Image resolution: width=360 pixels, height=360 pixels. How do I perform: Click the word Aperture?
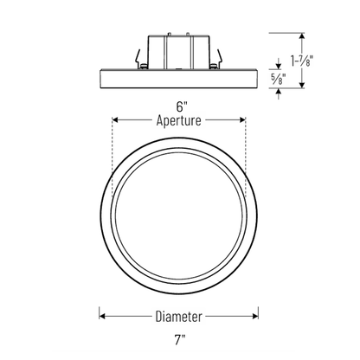coord(178,120)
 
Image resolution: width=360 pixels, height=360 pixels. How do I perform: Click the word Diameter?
coord(178,317)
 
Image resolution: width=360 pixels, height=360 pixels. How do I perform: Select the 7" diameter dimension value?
coord(180,340)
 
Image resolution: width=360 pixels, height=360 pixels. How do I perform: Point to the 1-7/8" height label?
coord(302,61)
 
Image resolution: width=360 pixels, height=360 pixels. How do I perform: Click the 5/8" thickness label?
coord(278,79)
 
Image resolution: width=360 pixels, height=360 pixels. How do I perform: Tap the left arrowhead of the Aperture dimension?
coord(115,119)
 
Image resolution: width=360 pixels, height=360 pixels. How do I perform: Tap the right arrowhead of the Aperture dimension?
coord(242,119)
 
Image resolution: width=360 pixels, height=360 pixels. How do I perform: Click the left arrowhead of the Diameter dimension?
coord(102,316)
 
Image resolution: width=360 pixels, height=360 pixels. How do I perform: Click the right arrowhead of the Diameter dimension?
coord(255,316)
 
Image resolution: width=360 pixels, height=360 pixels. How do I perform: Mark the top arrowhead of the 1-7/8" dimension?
coord(302,36)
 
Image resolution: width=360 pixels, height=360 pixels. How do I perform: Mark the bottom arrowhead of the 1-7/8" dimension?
coord(302,85)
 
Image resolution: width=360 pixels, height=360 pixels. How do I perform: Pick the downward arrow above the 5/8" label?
coord(279,63)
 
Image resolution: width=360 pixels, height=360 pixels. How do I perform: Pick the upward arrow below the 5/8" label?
coord(279,93)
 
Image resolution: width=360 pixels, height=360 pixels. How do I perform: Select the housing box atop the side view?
coord(178,52)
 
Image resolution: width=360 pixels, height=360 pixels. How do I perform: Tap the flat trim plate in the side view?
coord(178,79)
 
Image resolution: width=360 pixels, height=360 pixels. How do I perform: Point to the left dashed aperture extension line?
coord(112,157)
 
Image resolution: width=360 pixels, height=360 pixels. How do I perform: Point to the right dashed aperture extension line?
coord(246,157)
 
